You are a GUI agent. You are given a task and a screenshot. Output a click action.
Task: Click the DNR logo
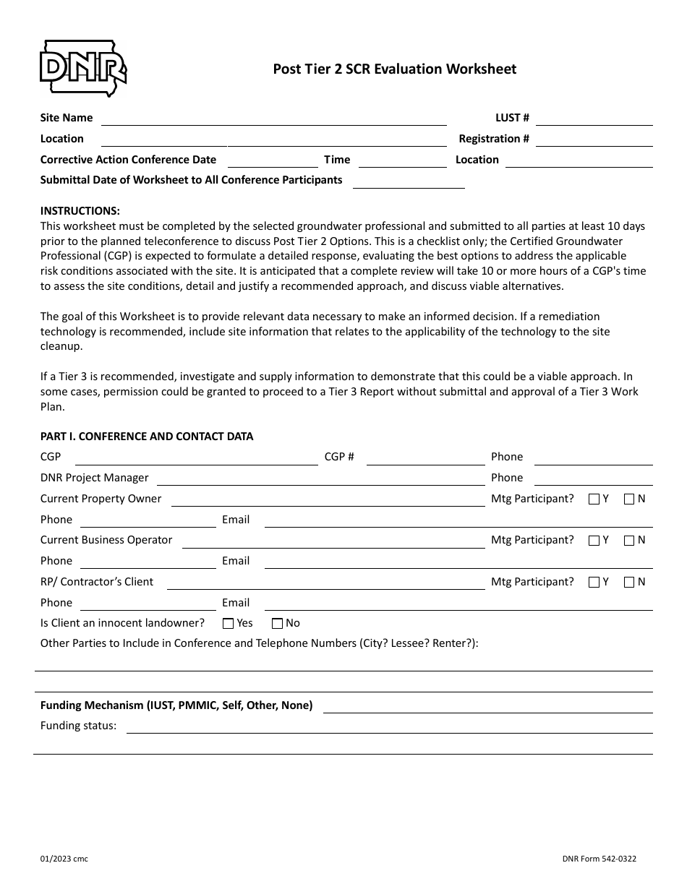pos(83,68)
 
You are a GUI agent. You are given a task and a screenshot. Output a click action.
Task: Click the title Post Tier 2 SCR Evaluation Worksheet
pos(394,69)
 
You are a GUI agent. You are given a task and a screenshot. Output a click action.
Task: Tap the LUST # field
pos(594,119)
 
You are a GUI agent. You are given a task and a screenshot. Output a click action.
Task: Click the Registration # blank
pos(594,139)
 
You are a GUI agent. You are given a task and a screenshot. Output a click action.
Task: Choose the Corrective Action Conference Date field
pos(273,160)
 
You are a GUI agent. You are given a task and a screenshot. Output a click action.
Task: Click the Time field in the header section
pos(402,160)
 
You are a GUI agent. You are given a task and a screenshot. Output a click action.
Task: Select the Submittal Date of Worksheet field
pos(409,181)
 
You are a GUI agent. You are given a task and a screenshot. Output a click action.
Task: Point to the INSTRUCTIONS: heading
pos(80,211)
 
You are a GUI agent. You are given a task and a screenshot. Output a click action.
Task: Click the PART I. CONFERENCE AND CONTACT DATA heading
pos(147,437)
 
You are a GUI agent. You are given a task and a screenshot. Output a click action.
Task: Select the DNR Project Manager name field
pos(320,478)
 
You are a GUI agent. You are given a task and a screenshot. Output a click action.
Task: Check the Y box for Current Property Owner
pos(594,499)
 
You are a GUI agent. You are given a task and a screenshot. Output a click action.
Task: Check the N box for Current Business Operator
pos(629,541)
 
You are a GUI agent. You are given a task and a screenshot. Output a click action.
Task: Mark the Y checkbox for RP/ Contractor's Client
pos(594,583)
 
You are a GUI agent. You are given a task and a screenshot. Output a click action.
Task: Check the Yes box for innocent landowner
pos(229,624)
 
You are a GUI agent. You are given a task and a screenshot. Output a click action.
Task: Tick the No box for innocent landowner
pos(277,624)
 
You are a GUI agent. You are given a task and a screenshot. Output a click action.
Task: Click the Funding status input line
pos(389,726)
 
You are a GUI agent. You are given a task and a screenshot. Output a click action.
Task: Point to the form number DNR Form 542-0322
pos(599,859)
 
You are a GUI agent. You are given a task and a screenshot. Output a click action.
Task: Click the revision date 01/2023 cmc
pos(64,859)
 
